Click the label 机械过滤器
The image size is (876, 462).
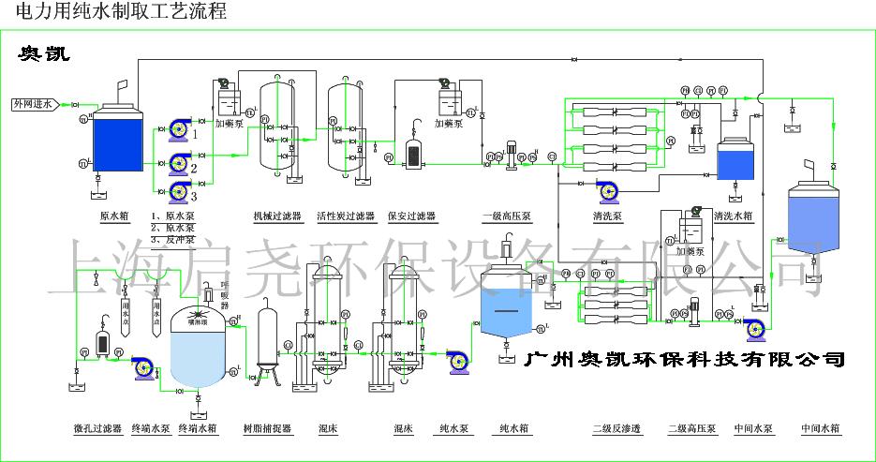pyautogui.click(x=277, y=216)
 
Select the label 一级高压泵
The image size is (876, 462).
pyautogui.click(x=507, y=216)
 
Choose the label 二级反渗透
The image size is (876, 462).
pyautogui.click(x=616, y=429)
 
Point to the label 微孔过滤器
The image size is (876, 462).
pyautogui.click(x=98, y=429)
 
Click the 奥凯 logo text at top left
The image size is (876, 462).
pyautogui.click(x=43, y=54)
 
